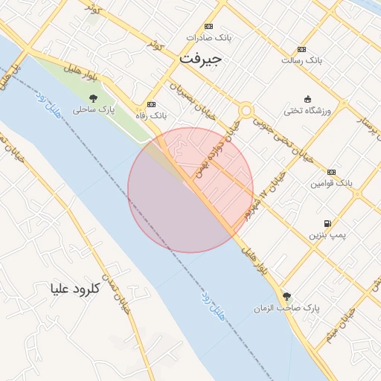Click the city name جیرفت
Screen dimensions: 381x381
[200, 57]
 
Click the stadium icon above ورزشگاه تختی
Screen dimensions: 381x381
[308, 99]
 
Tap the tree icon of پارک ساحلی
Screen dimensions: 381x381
[93, 98]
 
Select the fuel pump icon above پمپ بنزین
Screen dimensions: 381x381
[327, 223]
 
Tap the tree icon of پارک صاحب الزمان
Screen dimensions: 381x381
[286, 296]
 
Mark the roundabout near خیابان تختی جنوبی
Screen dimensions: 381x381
[245, 111]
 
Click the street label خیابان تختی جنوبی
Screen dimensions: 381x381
[277, 139]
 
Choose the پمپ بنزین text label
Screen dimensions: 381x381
[327, 235]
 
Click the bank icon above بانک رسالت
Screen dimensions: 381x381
[301, 49]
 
